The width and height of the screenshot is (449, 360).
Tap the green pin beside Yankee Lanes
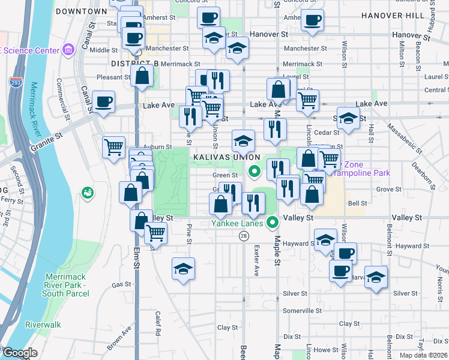pyautogui.click(x=273, y=223)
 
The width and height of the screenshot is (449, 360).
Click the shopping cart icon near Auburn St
pyautogui.click(x=113, y=146)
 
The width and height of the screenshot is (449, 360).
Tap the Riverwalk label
pyautogui.click(x=43, y=325)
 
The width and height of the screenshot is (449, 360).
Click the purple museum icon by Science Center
pyautogui.click(x=68, y=48)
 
